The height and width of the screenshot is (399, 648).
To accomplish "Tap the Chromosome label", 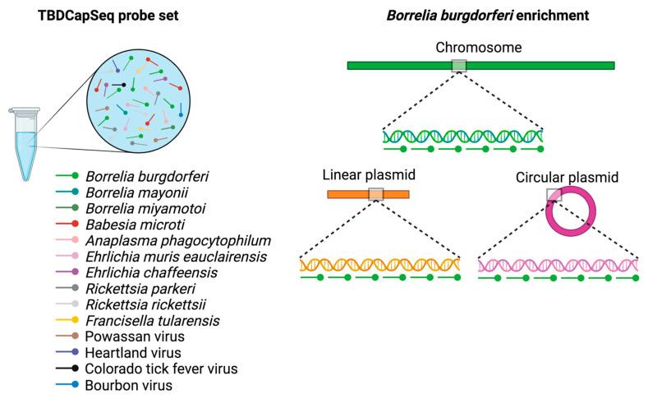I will (480, 48).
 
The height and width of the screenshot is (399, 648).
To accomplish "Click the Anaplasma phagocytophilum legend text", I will (177, 239).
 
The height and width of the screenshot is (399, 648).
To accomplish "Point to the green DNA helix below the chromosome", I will (463, 135).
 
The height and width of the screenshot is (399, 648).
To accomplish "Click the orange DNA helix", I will (380, 264).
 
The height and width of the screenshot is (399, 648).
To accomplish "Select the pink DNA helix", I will (558, 264).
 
